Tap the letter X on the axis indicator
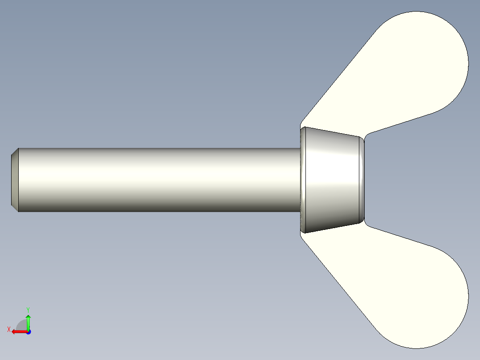[x=8, y=330]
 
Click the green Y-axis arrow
[x=28, y=321]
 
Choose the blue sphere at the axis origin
[x=28, y=332]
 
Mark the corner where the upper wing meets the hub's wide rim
[x=301, y=125]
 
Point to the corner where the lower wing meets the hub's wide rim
[x=301, y=235]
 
